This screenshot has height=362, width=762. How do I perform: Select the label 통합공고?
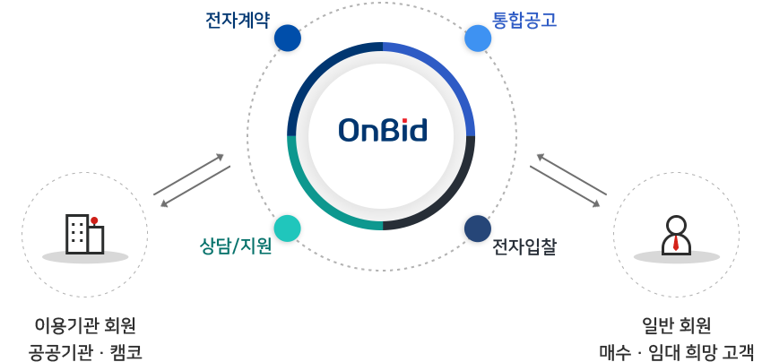tap(524, 19)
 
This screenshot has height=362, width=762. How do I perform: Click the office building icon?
tap(84, 234)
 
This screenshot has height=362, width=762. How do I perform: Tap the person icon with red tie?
tap(676, 236)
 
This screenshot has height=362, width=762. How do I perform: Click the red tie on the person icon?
tap(676, 244)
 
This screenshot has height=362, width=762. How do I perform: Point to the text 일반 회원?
tap(676, 324)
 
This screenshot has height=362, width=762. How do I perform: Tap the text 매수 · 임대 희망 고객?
tap(676, 350)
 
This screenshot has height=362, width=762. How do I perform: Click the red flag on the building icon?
tap(94, 220)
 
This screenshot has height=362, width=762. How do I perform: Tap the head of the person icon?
tap(676, 225)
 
